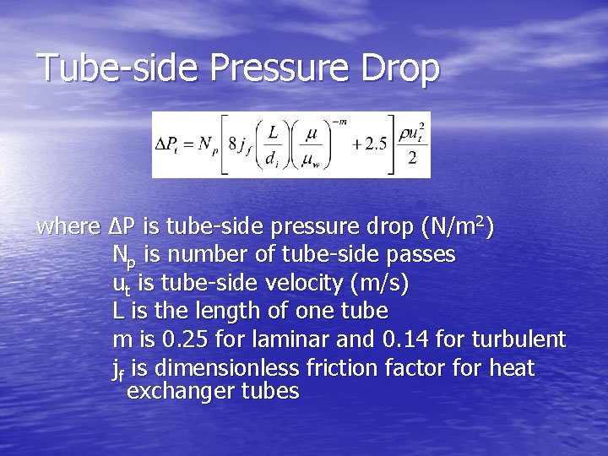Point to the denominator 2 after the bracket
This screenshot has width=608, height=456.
411,159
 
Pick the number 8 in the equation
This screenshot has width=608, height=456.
231,144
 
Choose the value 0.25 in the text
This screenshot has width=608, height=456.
185,339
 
